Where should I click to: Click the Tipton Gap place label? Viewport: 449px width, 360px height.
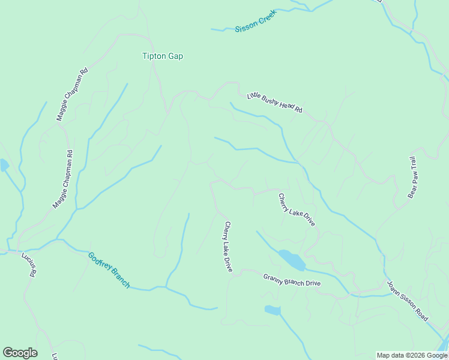(x=162, y=56)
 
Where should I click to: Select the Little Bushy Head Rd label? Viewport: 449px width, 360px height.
(x=274, y=102)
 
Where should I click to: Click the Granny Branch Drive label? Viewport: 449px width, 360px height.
(x=292, y=280)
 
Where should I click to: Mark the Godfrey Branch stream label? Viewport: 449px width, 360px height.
(x=109, y=269)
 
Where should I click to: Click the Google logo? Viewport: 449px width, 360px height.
(x=20, y=353)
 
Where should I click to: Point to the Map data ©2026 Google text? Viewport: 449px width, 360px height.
(x=412, y=355)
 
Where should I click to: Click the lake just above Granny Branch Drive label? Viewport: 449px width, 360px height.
(x=291, y=260)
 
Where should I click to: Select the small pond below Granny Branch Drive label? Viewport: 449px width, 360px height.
(x=273, y=310)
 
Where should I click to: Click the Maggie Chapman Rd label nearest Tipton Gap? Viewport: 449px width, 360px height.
(x=73, y=95)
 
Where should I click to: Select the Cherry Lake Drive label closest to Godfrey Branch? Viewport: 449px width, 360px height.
(x=228, y=247)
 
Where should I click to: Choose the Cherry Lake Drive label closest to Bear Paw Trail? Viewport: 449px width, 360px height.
(x=297, y=209)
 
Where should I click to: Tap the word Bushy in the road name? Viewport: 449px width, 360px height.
(x=276, y=103)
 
